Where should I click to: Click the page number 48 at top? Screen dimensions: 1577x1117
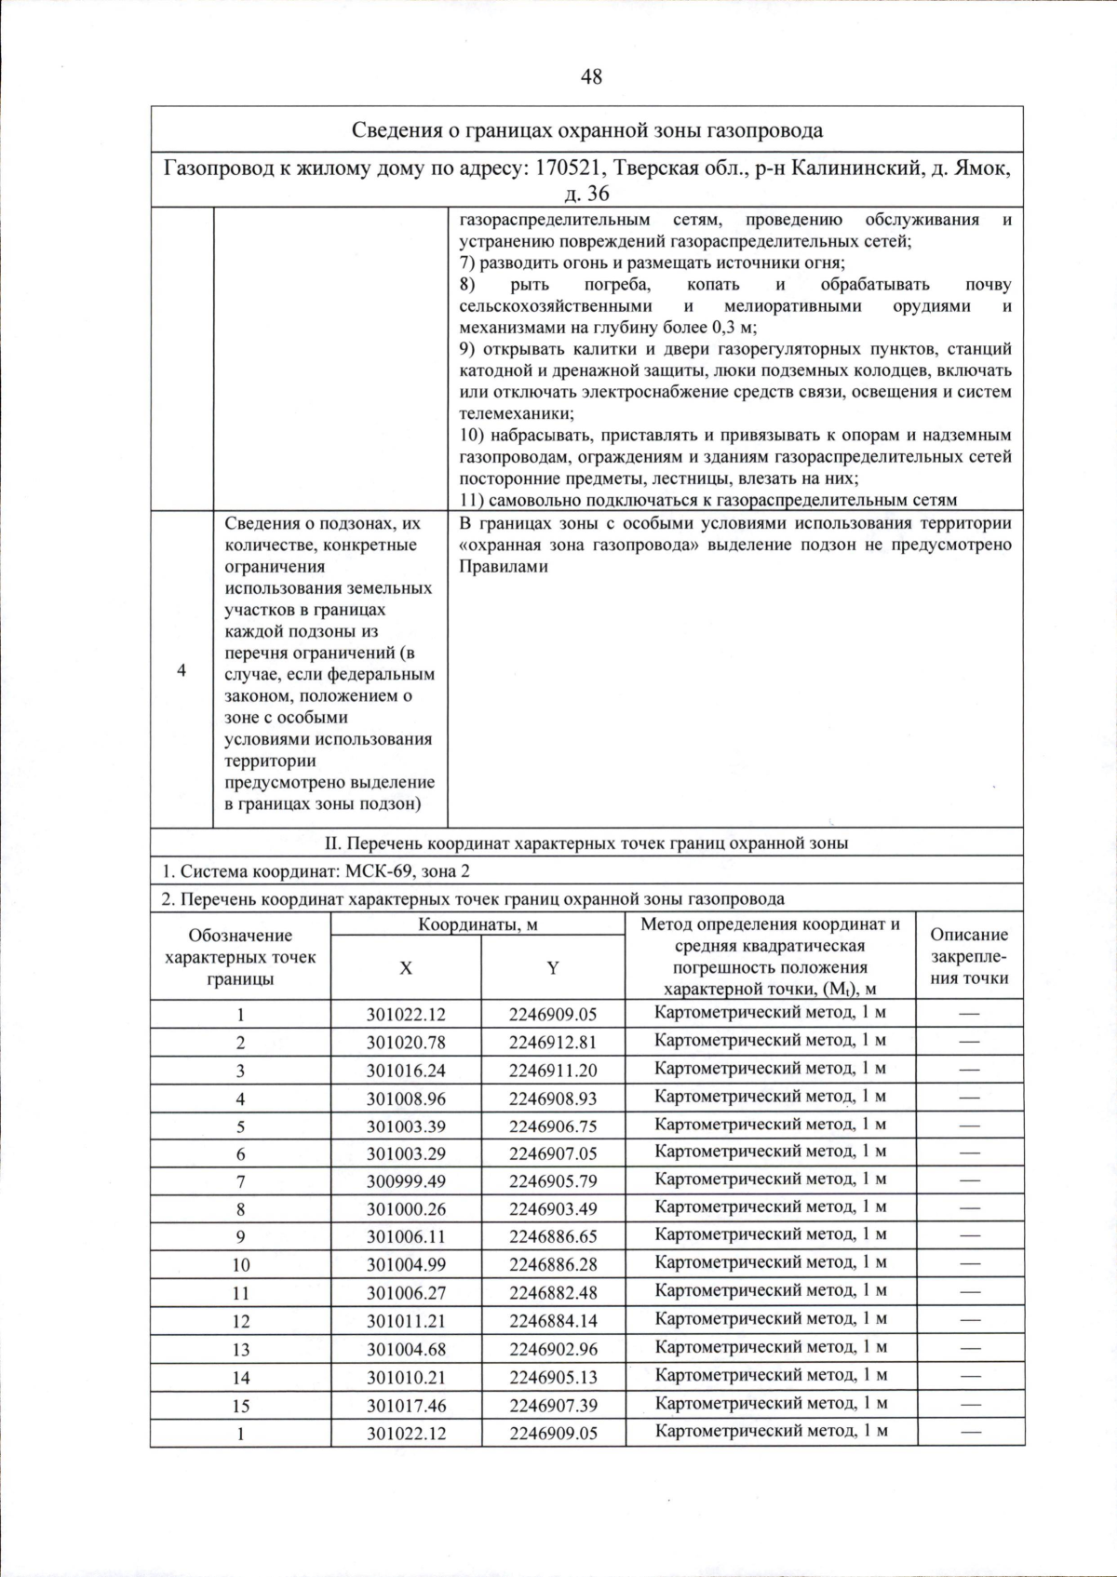(591, 77)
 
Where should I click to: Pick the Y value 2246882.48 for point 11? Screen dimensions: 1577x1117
(553, 1293)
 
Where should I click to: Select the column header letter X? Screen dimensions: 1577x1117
(406, 968)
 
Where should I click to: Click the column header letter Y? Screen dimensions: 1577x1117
(553, 968)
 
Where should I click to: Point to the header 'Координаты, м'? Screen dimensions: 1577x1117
(478, 924)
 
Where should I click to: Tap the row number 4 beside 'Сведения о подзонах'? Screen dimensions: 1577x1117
(182, 670)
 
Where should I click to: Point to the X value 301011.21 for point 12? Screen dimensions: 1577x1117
(406, 1321)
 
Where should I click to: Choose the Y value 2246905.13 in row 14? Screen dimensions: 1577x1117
(553, 1377)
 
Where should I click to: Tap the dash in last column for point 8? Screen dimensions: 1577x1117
(970, 1207)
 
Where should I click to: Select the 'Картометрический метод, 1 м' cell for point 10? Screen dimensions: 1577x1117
(770, 1263)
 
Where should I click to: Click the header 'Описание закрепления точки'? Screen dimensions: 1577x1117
(970, 956)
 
